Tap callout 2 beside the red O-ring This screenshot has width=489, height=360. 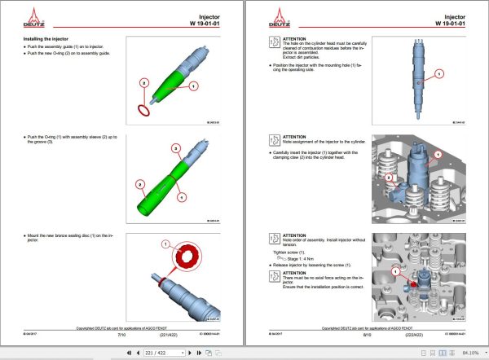click(143, 83)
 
